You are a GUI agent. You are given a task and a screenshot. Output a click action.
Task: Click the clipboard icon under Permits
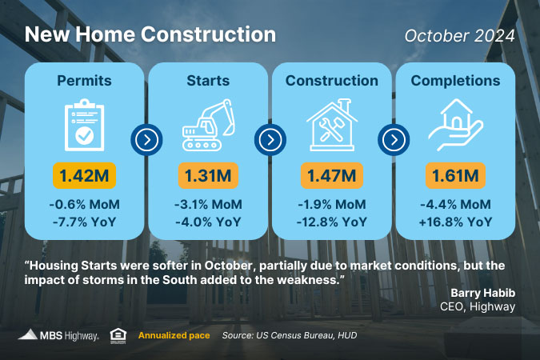84,125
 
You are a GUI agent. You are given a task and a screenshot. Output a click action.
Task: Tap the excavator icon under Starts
208,125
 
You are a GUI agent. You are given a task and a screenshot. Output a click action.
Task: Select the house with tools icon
332,125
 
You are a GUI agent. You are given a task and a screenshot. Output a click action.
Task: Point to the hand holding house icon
456,125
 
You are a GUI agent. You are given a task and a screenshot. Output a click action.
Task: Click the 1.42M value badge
84,176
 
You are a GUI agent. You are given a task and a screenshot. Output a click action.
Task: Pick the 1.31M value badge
208,176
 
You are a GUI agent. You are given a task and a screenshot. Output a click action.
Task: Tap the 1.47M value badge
332,176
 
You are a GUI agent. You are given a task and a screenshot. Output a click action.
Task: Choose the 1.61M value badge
456,176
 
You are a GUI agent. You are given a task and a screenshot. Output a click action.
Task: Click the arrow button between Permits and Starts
146,139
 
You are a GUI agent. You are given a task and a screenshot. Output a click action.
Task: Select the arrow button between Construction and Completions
394,139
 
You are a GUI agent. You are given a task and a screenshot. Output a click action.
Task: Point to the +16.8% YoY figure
456,222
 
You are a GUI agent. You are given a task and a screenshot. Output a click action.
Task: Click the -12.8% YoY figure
332,222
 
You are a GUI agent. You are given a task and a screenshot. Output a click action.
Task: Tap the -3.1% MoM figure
208,204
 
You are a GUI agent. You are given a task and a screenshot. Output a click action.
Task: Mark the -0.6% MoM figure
84,204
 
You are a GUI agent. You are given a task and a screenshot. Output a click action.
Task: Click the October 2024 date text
460,36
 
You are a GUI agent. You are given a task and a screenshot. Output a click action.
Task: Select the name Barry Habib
483,293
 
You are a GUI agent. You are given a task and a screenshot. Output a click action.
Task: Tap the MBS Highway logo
58,335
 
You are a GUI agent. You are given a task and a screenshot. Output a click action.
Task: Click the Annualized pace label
174,335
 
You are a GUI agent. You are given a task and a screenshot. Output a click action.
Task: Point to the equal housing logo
118,336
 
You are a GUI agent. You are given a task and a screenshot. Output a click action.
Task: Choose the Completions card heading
456,81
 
